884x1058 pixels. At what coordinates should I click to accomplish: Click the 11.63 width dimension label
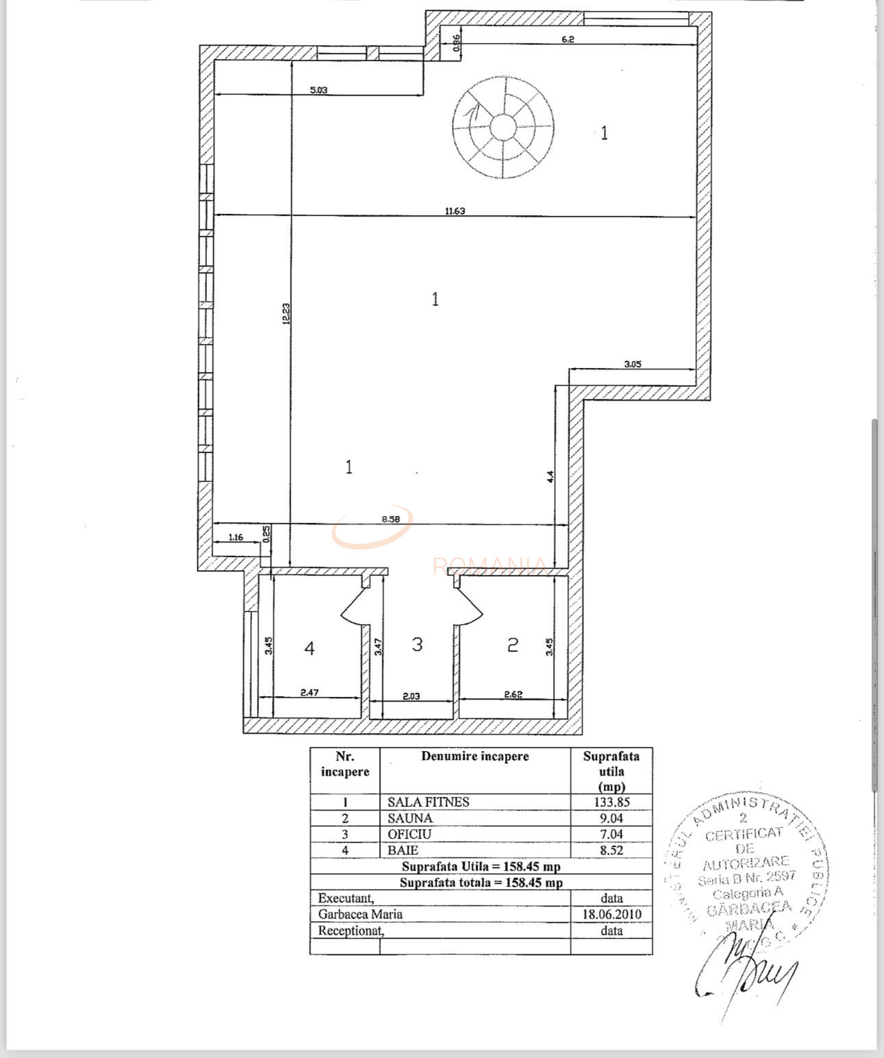pyautogui.click(x=455, y=211)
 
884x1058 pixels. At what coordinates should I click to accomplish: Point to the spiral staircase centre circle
pyautogui.click(x=503, y=127)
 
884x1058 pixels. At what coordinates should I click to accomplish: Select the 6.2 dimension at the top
pyautogui.click(x=567, y=39)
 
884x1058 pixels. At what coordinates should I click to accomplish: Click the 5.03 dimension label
pyautogui.click(x=319, y=89)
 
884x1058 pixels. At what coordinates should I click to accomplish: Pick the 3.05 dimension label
pyautogui.click(x=633, y=364)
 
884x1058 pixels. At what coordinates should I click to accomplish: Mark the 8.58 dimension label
pyautogui.click(x=391, y=519)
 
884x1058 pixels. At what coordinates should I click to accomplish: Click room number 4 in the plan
pyautogui.click(x=309, y=648)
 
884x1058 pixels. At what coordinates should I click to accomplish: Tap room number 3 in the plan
pyautogui.click(x=417, y=644)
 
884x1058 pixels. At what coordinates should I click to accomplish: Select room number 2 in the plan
pyautogui.click(x=513, y=645)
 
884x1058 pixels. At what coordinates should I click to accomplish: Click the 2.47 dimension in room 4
pyautogui.click(x=310, y=693)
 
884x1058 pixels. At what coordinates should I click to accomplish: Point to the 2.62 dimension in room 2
pyautogui.click(x=513, y=694)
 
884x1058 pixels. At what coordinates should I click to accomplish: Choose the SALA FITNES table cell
pyautogui.click(x=428, y=802)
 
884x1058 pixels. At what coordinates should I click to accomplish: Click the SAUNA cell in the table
pyautogui.click(x=410, y=818)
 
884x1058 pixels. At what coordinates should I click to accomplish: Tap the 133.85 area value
pyautogui.click(x=611, y=802)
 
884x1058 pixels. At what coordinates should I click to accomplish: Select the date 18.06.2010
pyautogui.click(x=611, y=914)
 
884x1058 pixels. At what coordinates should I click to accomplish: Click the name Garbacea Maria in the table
pyautogui.click(x=360, y=914)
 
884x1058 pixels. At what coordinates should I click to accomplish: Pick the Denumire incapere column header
pyautogui.click(x=475, y=756)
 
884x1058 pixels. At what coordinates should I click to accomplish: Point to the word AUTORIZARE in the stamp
pyautogui.click(x=746, y=863)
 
